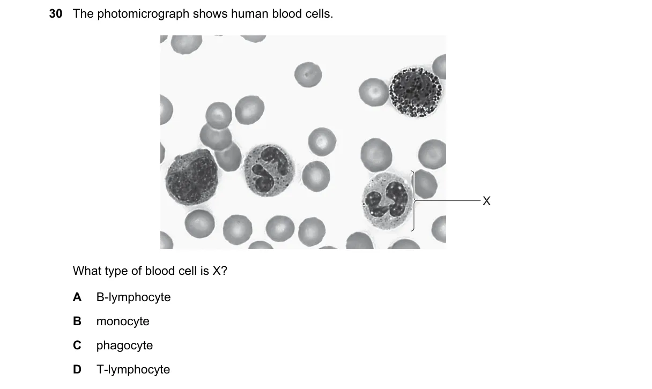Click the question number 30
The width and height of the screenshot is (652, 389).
56,14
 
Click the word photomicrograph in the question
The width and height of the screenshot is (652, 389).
143,14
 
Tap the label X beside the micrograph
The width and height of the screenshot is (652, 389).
486,201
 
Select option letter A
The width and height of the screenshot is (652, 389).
77,297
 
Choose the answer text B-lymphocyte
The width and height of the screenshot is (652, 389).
134,297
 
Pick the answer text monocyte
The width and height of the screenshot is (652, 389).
123,321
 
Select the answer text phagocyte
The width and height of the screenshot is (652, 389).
124,346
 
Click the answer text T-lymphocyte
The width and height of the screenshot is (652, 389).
133,370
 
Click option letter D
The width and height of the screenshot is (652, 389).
77,370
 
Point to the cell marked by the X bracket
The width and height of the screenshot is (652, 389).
387,201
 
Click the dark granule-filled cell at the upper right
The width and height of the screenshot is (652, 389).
416,92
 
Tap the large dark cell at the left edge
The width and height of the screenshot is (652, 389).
191,177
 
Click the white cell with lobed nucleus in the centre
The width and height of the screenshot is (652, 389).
269,170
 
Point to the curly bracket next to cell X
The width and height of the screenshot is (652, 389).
413,201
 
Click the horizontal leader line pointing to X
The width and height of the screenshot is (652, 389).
448,200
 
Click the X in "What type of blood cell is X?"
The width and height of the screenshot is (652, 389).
217,271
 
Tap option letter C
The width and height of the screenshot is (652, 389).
77,346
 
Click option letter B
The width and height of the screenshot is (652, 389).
77,321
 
